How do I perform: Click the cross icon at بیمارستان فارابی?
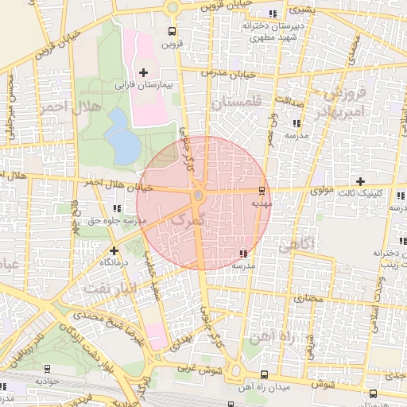pyautogui.click(x=143, y=72)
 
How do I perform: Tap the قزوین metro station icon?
pyautogui.click(x=172, y=32)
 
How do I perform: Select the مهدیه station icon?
pyautogui.click(x=261, y=191)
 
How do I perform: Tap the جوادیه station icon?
pyautogui.click(x=47, y=369)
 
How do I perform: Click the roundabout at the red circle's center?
pyautogui.click(x=198, y=195)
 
